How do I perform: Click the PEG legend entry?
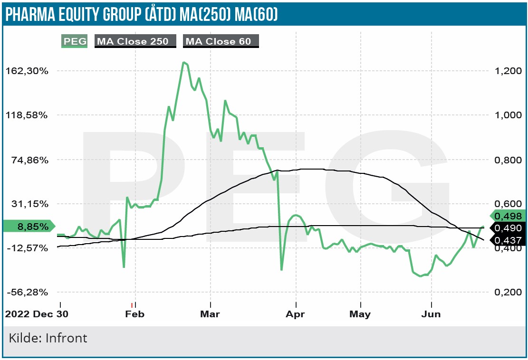click(75, 41)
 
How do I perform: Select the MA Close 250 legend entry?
click(133, 41)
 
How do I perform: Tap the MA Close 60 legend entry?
click(219, 41)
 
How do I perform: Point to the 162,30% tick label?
click(28, 71)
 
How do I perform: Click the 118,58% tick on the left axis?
click(28, 115)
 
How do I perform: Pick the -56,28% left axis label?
click(28, 292)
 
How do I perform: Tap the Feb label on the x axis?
click(135, 314)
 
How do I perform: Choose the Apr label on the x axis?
click(296, 314)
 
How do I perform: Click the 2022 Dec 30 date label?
click(37, 314)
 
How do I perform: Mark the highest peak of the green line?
click(183, 62)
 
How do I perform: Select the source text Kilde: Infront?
click(48, 338)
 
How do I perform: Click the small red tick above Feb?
click(132, 304)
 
